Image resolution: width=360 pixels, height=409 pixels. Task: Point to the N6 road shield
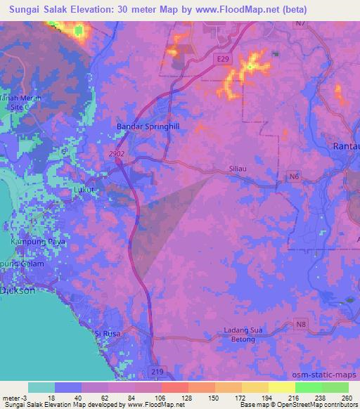click(x=292, y=178)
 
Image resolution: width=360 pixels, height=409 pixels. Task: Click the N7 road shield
click(x=301, y=23)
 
